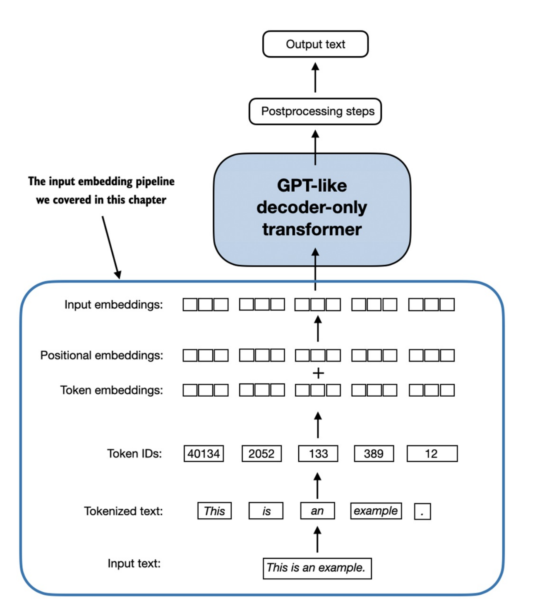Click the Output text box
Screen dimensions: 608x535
315,44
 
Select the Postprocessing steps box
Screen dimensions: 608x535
315,111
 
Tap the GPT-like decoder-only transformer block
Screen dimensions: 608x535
312,209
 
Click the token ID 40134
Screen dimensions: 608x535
204,454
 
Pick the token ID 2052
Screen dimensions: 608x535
262,454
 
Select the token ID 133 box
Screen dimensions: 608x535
318,454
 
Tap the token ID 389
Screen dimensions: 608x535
374,454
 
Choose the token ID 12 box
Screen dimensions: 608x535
432,454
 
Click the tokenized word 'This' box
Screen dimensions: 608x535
214,511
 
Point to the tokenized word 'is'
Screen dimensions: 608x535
266,511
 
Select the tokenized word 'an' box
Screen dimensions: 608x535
317,511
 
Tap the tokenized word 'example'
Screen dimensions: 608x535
376,511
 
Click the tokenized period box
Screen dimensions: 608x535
422,512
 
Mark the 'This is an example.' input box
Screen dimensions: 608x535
317,568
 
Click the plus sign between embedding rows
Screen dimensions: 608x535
318,373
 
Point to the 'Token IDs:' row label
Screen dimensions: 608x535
134,454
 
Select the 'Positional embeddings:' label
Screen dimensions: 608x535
101,355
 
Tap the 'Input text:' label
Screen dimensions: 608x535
134,563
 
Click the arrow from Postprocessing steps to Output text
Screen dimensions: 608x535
315,78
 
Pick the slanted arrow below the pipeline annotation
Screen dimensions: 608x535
111,247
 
